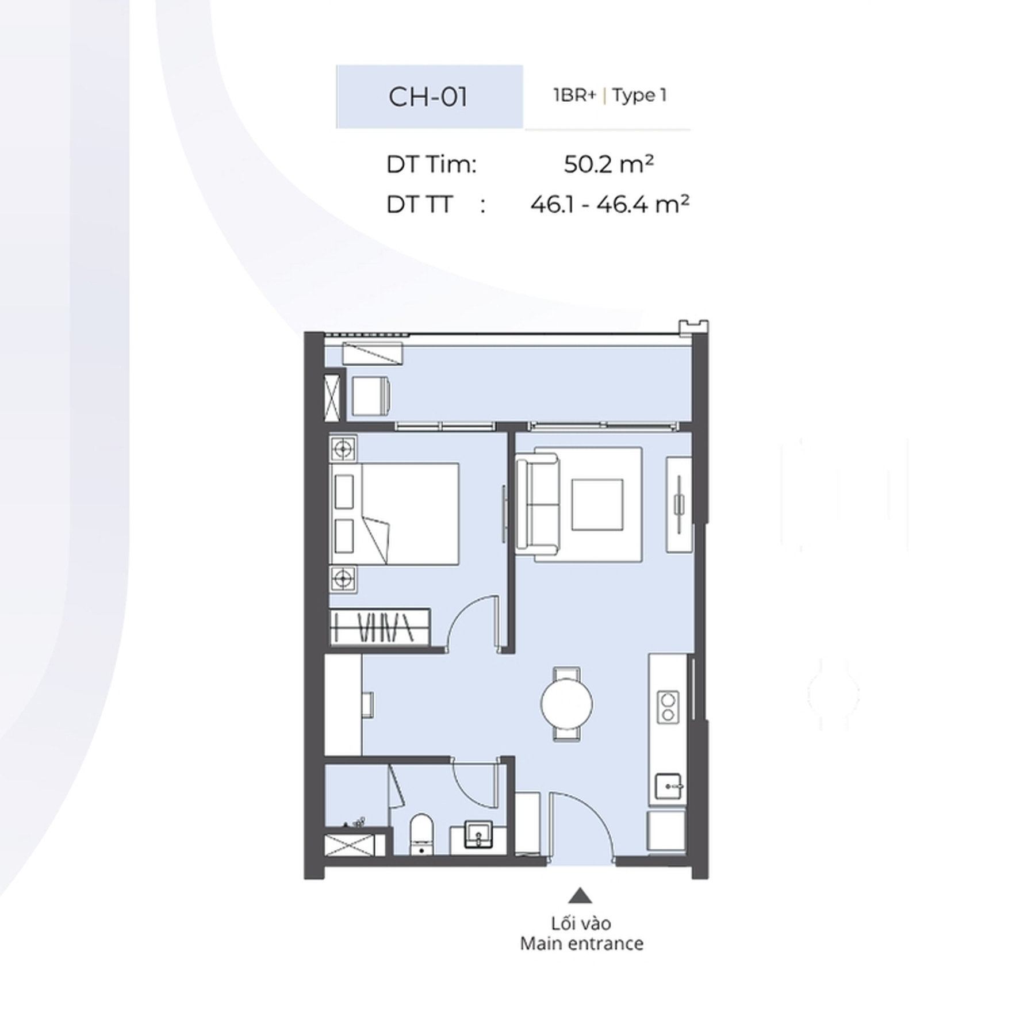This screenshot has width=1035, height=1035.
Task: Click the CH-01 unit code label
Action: point(428,97)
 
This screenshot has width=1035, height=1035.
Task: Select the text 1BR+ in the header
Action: point(574,95)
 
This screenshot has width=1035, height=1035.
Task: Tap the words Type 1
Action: point(639,95)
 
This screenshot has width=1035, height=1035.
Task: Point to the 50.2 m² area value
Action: point(608,164)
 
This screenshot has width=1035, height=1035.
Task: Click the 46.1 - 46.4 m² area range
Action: point(609,204)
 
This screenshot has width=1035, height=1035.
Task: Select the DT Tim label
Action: point(431,165)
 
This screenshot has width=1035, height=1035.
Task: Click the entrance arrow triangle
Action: point(580,895)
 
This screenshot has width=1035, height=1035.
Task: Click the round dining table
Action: point(566,704)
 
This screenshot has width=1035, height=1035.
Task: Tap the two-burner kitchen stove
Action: point(668,707)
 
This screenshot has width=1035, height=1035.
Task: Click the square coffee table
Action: point(597,505)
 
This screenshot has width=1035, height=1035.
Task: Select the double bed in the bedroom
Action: point(394,513)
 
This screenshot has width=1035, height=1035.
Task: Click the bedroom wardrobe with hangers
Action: point(380,626)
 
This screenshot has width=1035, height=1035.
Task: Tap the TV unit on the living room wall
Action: point(679,505)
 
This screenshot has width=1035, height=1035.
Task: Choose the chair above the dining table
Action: point(566,674)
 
